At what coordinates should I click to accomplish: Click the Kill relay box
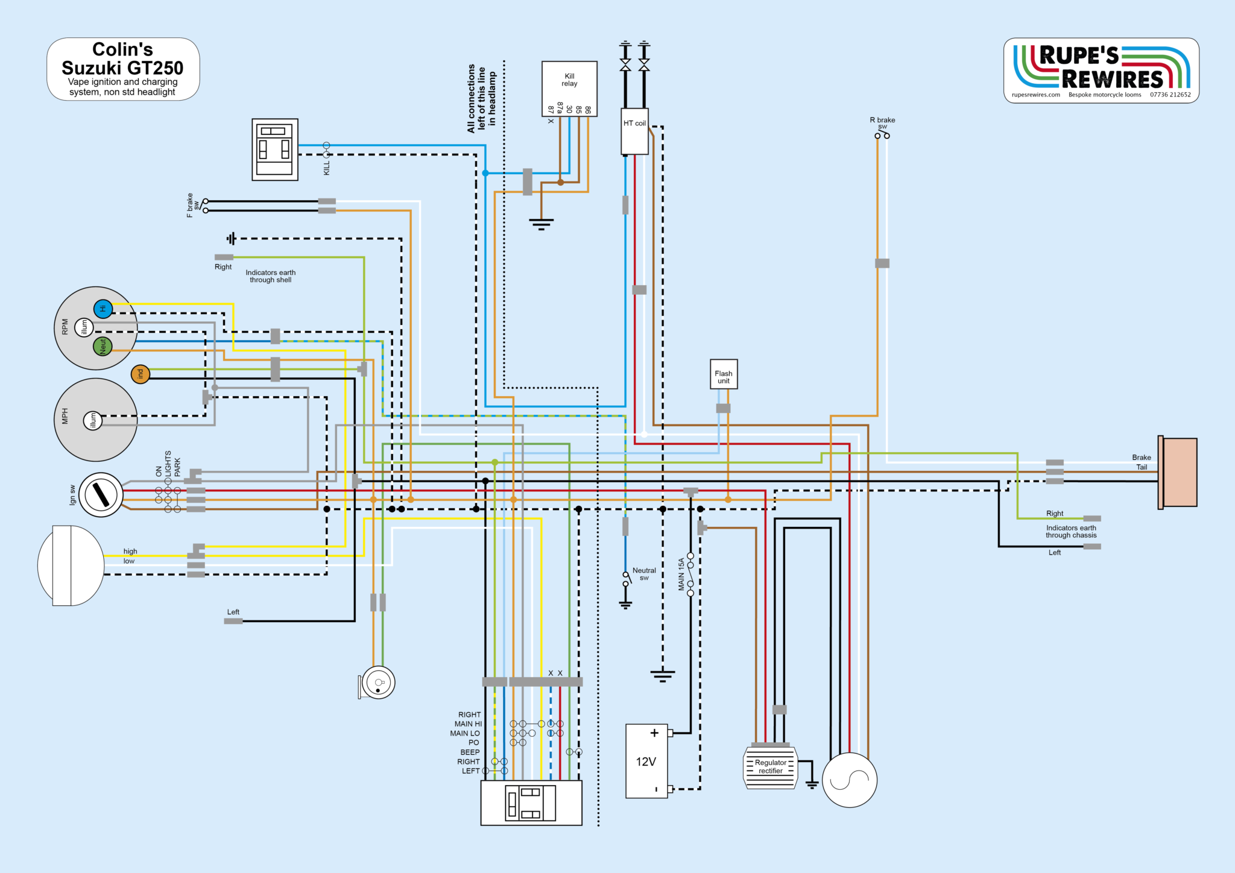click(569, 88)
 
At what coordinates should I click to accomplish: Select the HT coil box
click(634, 131)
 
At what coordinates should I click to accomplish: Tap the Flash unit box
click(724, 374)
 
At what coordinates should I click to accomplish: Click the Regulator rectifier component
click(771, 767)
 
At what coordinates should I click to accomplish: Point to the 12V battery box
click(646, 761)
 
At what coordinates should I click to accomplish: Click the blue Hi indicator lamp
click(103, 309)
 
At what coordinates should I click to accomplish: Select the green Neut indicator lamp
click(103, 346)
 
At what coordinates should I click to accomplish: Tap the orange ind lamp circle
click(141, 374)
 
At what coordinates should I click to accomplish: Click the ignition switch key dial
click(101, 495)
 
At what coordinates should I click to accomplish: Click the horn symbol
click(378, 683)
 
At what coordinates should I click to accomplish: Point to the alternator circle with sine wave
click(849, 780)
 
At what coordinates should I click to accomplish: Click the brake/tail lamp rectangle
click(1179, 472)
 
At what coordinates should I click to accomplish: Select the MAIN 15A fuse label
click(681, 574)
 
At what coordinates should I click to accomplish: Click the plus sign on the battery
click(654, 733)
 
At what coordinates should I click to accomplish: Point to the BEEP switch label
click(470, 752)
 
